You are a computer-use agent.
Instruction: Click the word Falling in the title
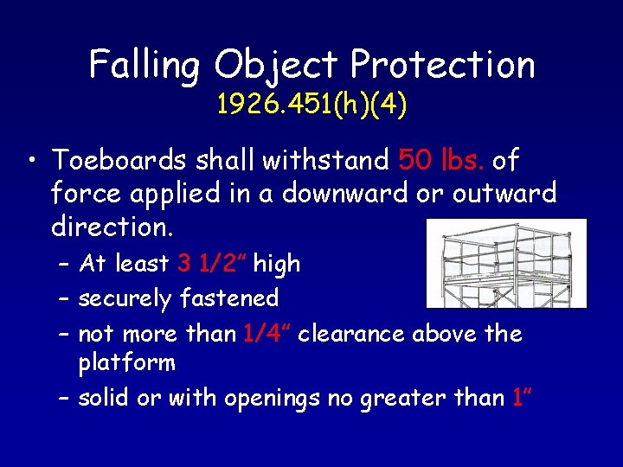tap(145, 65)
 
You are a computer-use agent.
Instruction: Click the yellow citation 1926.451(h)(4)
tap(312, 105)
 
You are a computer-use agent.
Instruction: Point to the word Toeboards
tap(119, 160)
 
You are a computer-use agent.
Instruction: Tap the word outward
tap(504, 194)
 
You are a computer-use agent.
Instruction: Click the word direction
tap(112, 227)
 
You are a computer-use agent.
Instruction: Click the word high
tap(277, 264)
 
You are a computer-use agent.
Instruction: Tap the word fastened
tap(229, 299)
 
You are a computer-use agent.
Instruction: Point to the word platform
tap(126, 363)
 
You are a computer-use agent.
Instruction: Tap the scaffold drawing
tap(506, 264)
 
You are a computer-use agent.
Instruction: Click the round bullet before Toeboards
tap(31, 161)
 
